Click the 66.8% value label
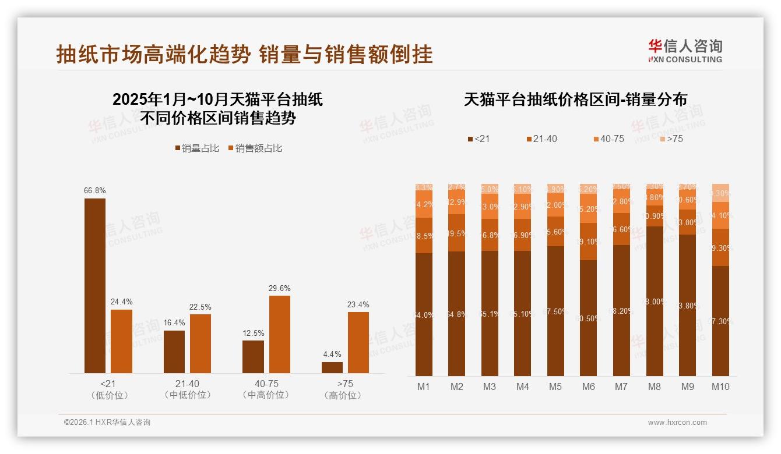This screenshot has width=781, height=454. pyautogui.click(x=95, y=190)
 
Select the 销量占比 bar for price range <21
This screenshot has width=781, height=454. pyautogui.click(x=95, y=285)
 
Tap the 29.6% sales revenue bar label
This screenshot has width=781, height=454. pyautogui.click(x=279, y=288)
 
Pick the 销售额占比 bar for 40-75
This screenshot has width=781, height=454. pyautogui.click(x=279, y=334)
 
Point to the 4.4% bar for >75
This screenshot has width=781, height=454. pyautogui.click(x=332, y=367)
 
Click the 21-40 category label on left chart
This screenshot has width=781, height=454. pyautogui.click(x=187, y=384)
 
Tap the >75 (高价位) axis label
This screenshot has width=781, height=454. pyautogui.click(x=345, y=389)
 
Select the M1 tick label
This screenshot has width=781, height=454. pyautogui.click(x=424, y=386)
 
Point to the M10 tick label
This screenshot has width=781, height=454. pyautogui.click(x=720, y=386)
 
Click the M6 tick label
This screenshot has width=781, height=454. pyautogui.click(x=589, y=386)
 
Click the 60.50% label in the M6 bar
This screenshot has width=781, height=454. pyautogui.click(x=589, y=318)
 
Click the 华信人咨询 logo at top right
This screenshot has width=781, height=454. pyautogui.click(x=685, y=51)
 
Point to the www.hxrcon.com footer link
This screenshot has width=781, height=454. pyautogui.click(x=677, y=423)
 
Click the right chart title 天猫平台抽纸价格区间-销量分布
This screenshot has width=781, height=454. pyautogui.click(x=575, y=100)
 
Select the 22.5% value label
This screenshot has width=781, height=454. pyautogui.click(x=200, y=307)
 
